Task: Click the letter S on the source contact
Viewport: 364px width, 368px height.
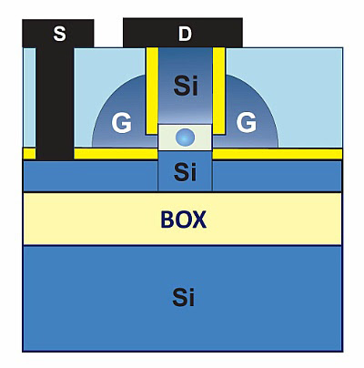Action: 59,34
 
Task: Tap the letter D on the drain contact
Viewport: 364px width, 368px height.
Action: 185,34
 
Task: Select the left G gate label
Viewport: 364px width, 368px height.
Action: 121,123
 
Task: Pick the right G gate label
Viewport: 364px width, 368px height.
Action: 247,123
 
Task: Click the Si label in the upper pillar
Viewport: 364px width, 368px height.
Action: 186,86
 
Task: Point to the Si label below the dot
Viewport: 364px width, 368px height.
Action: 185,171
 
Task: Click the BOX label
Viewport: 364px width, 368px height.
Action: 184,220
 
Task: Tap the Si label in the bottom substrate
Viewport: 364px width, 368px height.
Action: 184,297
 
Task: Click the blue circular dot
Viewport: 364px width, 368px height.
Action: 185,137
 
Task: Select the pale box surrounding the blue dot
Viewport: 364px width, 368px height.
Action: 185,138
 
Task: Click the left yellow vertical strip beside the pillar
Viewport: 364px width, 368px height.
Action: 152,90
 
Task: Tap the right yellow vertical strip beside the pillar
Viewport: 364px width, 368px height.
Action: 218,90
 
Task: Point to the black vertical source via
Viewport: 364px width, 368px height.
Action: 55,103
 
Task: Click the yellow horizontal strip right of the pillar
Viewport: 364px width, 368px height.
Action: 278,154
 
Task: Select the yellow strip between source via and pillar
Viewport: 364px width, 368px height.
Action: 116,154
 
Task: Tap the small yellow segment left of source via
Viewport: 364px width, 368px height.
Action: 29,154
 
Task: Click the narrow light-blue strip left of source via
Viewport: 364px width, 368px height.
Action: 29,97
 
